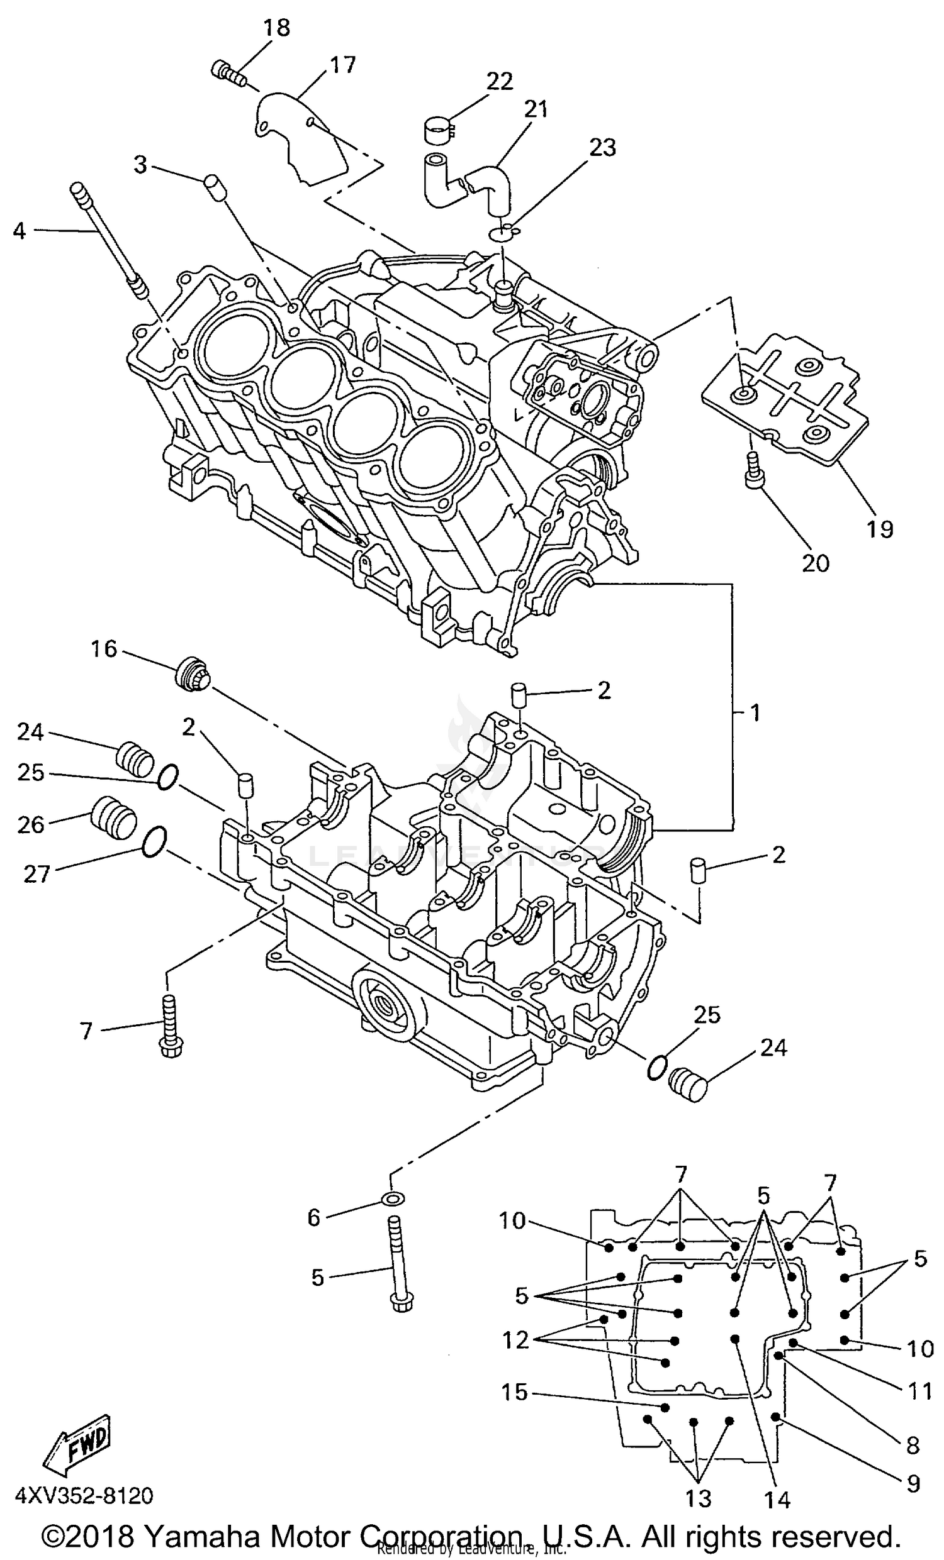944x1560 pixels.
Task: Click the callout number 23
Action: click(602, 148)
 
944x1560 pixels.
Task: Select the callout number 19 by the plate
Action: click(879, 529)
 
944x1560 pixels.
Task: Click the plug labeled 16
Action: click(191, 675)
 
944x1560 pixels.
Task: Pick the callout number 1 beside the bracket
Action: click(755, 713)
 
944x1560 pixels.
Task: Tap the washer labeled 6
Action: click(393, 1198)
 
